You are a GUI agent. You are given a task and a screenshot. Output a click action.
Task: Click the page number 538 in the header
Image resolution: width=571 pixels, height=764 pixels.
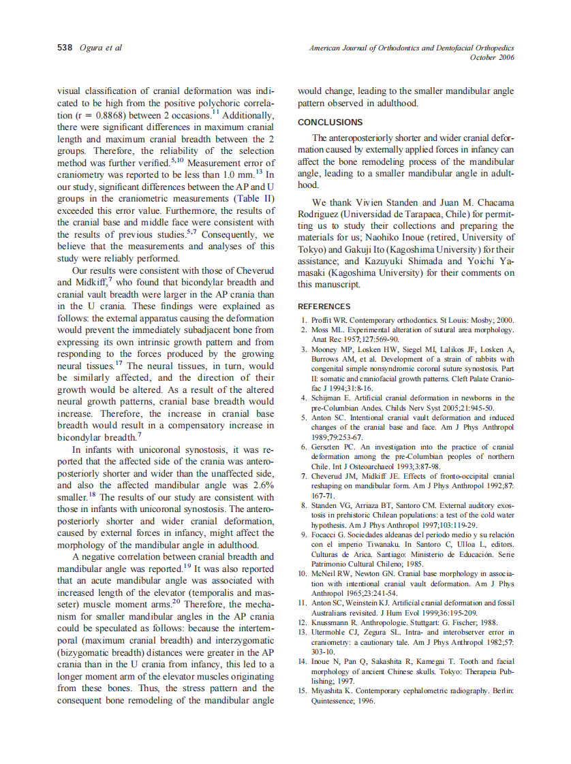[64, 48]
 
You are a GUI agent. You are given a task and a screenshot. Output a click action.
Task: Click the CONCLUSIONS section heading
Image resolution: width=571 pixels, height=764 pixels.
[330, 123]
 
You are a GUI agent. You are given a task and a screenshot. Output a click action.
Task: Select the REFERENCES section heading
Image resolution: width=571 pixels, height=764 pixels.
[324, 306]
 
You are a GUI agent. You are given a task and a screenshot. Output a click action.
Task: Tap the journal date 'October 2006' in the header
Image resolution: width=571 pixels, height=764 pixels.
[492, 58]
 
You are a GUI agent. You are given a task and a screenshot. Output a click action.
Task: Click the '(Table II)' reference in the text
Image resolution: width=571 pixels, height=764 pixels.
[254, 199]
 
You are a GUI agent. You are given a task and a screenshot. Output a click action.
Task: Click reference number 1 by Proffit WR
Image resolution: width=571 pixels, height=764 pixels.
[304, 320]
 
